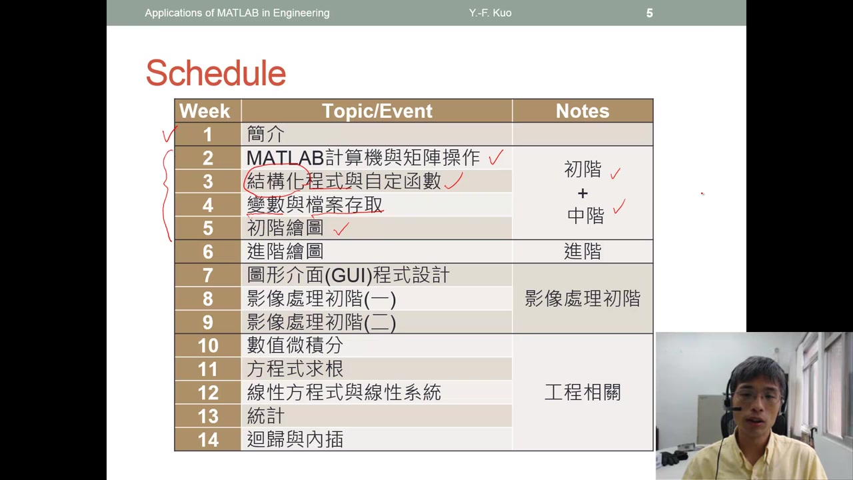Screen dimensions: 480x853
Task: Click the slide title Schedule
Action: click(x=215, y=73)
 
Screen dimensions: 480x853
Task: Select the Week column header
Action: click(x=205, y=111)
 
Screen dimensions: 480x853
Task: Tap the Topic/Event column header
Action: click(x=377, y=111)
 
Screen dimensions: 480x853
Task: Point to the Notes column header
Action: click(x=582, y=111)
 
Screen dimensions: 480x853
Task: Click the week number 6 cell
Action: click(x=208, y=251)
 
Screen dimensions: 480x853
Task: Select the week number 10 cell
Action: click(x=208, y=345)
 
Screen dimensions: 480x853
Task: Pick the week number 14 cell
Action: click(x=208, y=439)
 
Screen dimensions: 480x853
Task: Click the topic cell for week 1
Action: click(x=265, y=134)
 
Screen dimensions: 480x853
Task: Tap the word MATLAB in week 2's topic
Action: click(x=285, y=158)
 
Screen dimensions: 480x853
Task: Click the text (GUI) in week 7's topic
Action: click(x=347, y=275)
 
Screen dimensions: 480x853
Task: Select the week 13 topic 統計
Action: click(x=265, y=416)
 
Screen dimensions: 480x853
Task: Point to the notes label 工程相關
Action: click(x=582, y=392)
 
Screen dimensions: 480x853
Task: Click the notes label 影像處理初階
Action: click(x=582, y=299)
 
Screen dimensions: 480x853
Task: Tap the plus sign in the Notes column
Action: click(x=582, y=193)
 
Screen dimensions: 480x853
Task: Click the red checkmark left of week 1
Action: click(x=169, y=135)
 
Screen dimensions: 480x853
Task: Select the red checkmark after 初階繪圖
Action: click(x=341, y=229)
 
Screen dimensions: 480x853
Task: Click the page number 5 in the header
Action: click(x=649, y=13)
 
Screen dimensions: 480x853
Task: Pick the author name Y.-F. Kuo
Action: click(x=490, y=13)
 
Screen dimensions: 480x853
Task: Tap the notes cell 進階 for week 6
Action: click(x=582, y=251)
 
